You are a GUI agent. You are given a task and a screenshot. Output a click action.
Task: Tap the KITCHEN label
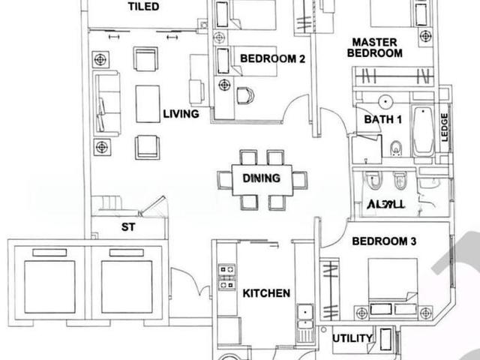pyautogui.click(x=265, y=294)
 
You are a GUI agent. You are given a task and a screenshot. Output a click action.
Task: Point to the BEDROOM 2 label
pyautogui.click(x=271, y=59)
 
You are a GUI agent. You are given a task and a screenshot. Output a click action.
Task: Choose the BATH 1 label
pyautogui.click(x=383, y=119)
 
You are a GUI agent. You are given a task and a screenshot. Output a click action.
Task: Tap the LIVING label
pyautogui.click(x=181, y=115)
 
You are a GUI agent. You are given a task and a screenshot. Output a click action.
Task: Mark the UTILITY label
pyautogui.click(x=352, y=339)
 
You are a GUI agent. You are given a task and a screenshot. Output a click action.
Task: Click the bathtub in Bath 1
pyautogui.click(x=423, y=133)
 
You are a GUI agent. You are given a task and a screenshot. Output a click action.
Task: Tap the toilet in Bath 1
pyautogui.click(x=396, y=148)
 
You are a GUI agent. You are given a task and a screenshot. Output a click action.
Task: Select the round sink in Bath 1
pyautogui.click(x=387, y=101)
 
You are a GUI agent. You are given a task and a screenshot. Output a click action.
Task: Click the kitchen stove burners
pyautogui.click(x=226, y=275)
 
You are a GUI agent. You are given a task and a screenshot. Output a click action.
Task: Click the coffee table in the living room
pyautogui.click(x=148, y=103)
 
